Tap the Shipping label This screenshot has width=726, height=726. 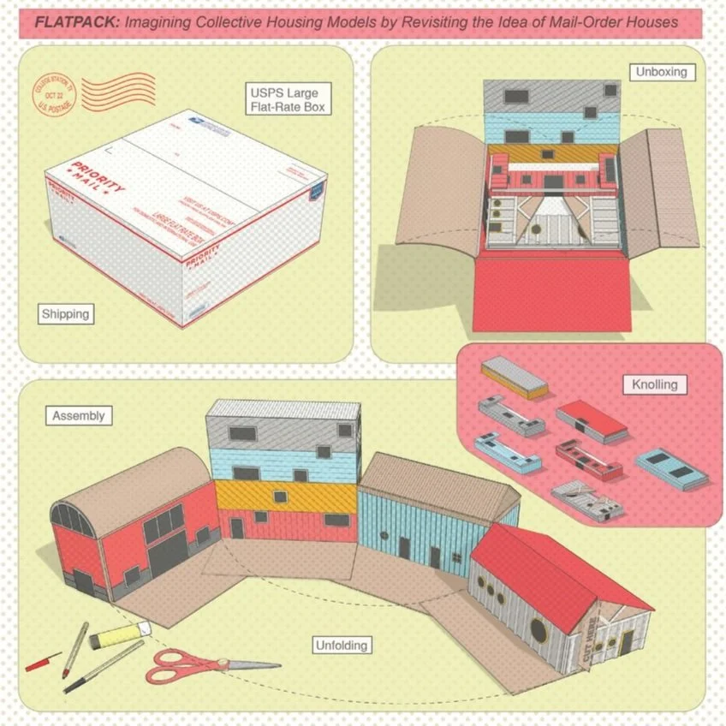tap(65, 314)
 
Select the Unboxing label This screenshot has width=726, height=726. tap(661, 72)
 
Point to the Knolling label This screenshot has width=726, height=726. tap(655, 384)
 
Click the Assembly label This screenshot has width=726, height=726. tap(78, 416)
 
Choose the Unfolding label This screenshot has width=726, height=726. tap(341, 645)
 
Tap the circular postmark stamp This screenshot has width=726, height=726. tap(55, 95)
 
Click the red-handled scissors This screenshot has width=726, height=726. tap(188, 666)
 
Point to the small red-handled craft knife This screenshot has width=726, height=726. tap(43, 661)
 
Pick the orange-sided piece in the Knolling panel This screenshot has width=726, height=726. tap(514, 377)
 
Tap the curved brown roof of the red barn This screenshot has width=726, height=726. tap(128, 484)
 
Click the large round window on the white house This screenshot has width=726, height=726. tap(539, 629)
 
